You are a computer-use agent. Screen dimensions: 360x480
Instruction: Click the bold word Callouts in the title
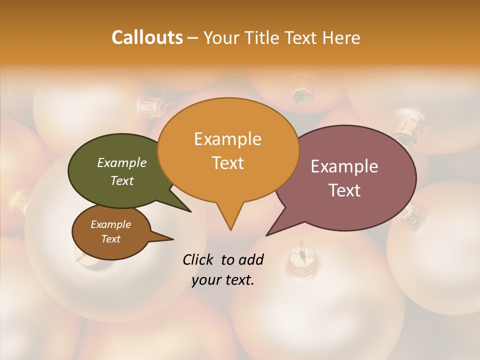(x=147, y=37)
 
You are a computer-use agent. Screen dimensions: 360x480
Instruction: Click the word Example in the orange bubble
(x=227, y=139)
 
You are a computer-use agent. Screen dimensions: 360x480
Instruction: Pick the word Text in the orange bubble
(x=227, y=163)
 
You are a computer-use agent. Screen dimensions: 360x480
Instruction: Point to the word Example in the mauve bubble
(x=344, y=166)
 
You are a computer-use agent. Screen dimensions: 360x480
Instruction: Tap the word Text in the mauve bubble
(x=344, y=190)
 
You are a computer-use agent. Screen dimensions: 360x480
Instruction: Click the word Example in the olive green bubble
(x=121, y=162)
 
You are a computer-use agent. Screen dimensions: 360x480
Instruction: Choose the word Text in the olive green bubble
(x=121, y=180)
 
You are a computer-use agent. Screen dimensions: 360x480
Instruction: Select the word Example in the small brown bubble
(x=110, y=224)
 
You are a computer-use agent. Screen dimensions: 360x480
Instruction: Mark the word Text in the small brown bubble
(x=110, y=239)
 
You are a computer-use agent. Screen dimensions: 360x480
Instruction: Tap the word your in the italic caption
(x=205, y=280)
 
